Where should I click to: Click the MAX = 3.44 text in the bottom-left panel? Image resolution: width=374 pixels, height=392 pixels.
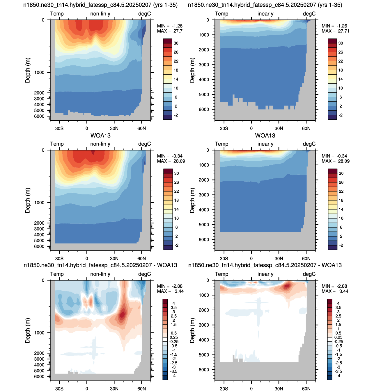tap(170, 291)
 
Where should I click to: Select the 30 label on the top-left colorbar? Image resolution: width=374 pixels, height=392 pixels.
tap(176, 43)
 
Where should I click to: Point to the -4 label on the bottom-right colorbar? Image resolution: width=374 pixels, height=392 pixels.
tap(338, 376)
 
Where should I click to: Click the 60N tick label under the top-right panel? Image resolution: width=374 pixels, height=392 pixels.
tap(306, 128)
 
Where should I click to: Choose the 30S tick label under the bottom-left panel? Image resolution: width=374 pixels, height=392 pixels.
tap(59, 389)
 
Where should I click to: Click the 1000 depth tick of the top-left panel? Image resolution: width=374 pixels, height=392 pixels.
tap(39, 72)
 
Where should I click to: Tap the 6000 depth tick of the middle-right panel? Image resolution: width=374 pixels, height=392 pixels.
tap(204, 239)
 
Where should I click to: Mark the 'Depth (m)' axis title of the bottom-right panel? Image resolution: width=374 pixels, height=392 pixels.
tap(192, 330)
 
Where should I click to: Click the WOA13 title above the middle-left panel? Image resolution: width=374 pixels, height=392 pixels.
tap(100, 136)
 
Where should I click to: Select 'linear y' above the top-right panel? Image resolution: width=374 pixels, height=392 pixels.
tap(265, 14)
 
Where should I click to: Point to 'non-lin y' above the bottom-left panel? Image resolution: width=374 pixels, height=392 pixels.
tap(100, 274)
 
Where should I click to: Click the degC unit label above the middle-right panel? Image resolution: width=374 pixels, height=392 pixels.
tap(309, 144)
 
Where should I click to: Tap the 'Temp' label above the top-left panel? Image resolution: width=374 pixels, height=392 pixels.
tap(57, 14)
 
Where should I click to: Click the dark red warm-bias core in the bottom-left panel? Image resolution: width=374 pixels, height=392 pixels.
tap(122, 314)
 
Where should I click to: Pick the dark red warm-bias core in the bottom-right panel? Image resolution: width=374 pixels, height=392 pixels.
tap(287, 286)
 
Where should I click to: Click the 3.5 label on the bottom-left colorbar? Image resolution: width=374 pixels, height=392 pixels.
tap(174, 307)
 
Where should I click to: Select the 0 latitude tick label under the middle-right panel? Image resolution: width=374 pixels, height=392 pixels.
tap(251, 259)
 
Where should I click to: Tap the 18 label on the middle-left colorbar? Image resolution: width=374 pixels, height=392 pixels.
tap(176, 201)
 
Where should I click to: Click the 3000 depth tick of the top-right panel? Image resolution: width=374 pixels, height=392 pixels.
tap(204, 65)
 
